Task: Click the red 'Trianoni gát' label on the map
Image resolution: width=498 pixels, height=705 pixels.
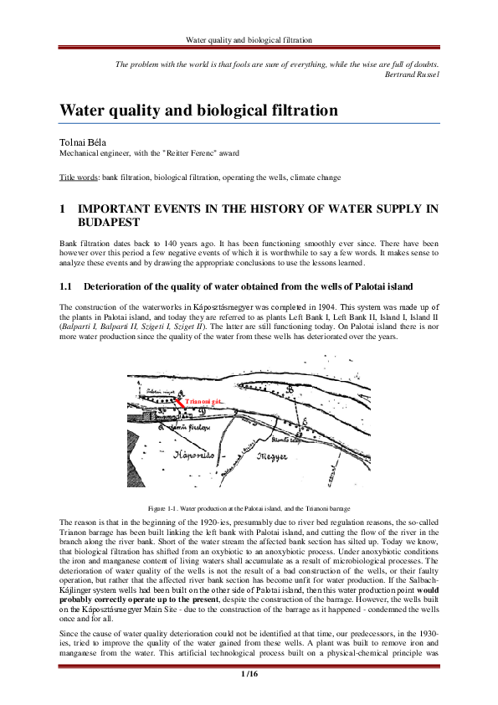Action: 203,403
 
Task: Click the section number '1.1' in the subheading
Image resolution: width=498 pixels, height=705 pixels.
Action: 65,286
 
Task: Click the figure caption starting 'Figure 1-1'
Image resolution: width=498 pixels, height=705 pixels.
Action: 249,508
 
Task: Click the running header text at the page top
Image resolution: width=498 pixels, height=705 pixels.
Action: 249,39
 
